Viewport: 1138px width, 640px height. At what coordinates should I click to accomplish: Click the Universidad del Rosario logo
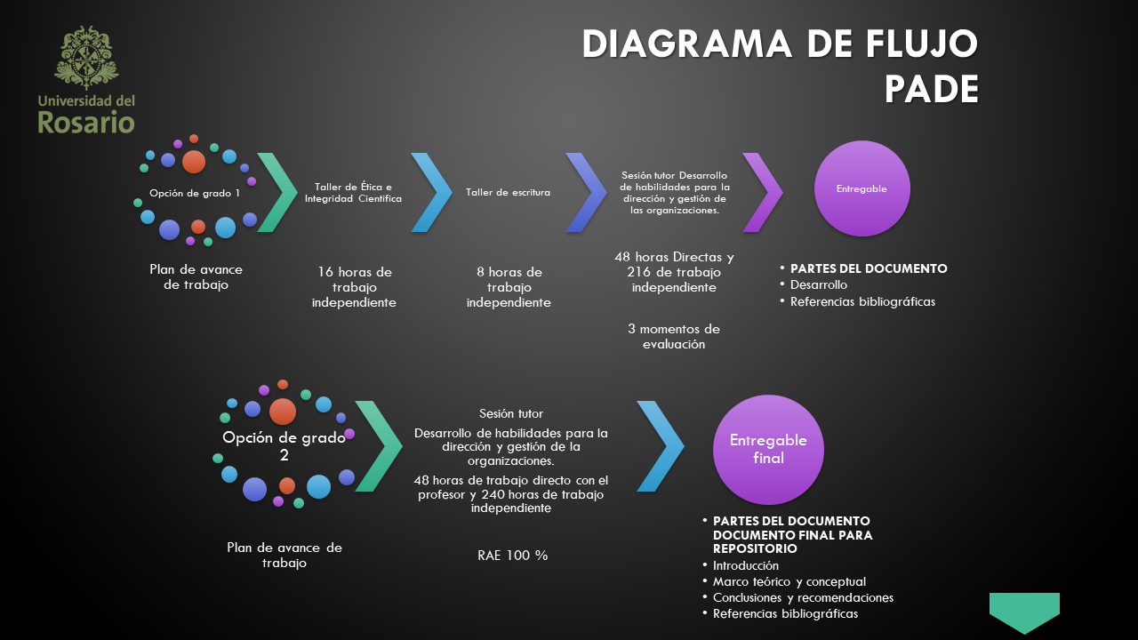click(86, 80)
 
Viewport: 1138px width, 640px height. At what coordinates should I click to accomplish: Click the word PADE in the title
click(931, 90)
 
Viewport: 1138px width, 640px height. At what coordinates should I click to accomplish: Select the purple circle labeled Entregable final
click(768, 450)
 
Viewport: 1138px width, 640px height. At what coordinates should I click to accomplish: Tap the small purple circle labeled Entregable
click(862, 188)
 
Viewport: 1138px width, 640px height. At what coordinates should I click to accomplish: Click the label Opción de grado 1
click(195, 193)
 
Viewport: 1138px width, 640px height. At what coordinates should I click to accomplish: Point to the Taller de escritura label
click(508, 192)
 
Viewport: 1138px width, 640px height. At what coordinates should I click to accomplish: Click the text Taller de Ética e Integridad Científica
click(353, 193)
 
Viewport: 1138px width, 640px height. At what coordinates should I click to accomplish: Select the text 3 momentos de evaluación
click(674, 336)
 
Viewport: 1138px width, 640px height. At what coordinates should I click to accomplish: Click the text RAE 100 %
click(512, 556)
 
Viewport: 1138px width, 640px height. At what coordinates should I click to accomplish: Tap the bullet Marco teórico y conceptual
click(789, 581)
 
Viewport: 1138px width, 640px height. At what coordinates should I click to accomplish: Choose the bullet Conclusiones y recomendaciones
click(803, 597)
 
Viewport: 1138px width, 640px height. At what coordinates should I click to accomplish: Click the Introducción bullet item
click(745, 565)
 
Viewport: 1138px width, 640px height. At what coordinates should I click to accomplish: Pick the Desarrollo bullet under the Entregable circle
click(818, 284)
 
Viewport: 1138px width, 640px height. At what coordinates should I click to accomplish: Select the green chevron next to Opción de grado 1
click(276, 192)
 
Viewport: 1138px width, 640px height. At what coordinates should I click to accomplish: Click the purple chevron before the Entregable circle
click(762, 192)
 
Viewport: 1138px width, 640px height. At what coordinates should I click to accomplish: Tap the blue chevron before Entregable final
click(660, 446)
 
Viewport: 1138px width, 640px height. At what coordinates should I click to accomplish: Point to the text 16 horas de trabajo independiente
click(353, 287)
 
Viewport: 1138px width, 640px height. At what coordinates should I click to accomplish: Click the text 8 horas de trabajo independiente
click(509, 287)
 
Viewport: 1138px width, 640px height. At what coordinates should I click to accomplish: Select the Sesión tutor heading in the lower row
click(511, 413)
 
